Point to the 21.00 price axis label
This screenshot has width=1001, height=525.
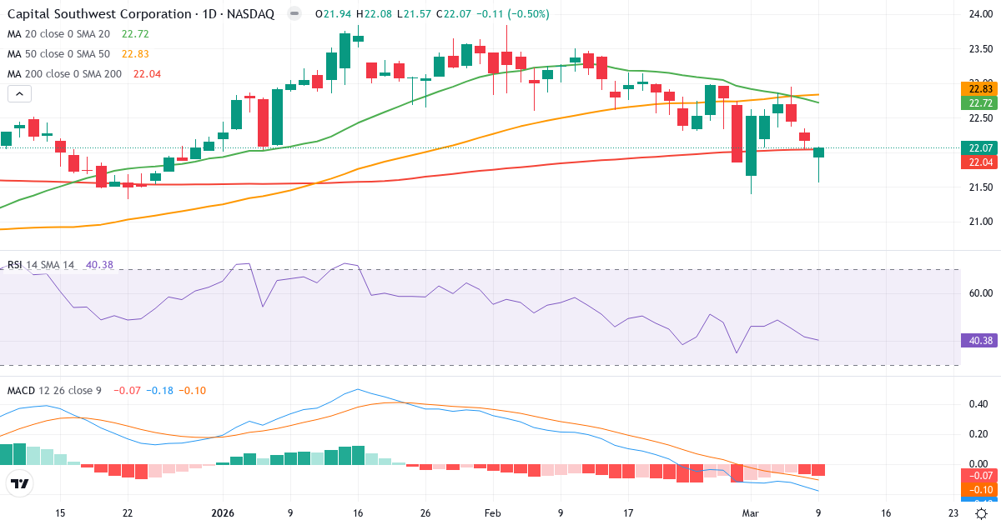(x=978, y=222)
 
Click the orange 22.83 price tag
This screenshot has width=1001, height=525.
(x=979, y=88)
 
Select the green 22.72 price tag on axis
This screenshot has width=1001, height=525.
(x=979, y=103)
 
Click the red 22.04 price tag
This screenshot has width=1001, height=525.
(x=979, y=162)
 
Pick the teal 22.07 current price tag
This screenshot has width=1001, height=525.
(x=979, y=148)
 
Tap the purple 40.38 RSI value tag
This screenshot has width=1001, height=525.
(x=979, y=340)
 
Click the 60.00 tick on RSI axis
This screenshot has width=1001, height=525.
(x=978, y=293)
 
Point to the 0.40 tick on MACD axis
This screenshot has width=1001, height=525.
(x=978, y=404)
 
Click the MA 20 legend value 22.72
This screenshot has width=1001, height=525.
(x=135, y=34)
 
